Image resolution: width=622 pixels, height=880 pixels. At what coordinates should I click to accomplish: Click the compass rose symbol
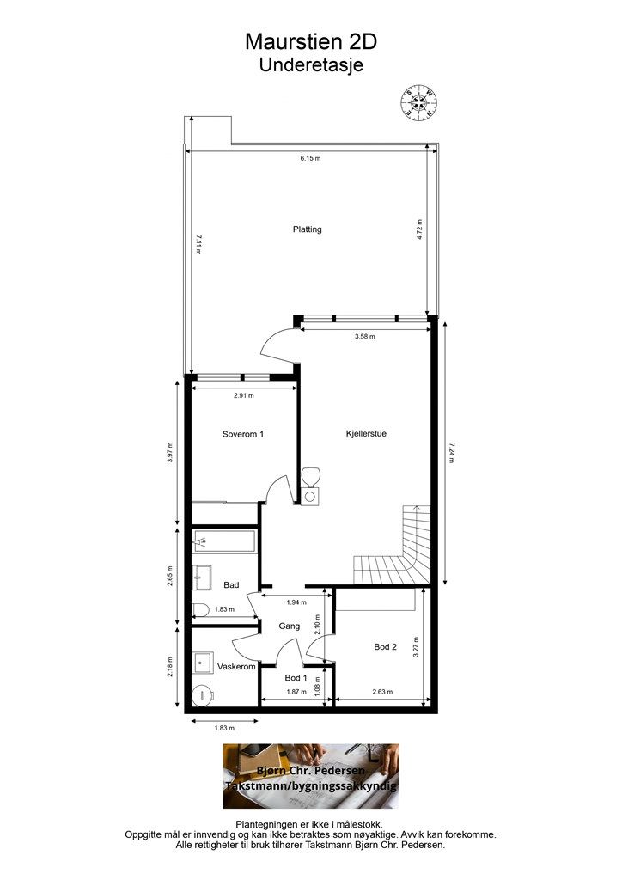coord(418,101)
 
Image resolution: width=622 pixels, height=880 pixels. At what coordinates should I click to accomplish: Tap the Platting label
coord(308,229)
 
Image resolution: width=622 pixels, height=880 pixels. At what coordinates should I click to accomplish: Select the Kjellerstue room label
coord(366,433)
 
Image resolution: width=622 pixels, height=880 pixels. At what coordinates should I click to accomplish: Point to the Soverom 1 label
coord(243,434)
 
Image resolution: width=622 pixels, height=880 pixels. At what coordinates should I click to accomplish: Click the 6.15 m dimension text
coord(310,158)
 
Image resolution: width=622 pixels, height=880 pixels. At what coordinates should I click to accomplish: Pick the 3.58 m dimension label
coord(365,337)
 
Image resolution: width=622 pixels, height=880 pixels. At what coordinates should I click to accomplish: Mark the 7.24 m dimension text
coord(452,453)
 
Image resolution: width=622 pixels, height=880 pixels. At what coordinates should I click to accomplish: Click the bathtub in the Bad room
coord(223,542)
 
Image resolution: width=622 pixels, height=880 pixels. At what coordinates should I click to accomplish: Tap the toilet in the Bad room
coord(200,609)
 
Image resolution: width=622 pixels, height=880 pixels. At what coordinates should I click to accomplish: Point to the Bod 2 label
coord(386,646)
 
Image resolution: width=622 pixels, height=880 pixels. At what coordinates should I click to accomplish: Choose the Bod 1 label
coord(296,677)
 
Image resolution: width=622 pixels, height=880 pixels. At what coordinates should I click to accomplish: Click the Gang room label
coord(290,626)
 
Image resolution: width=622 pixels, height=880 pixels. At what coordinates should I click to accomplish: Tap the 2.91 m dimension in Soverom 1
coord(243,395)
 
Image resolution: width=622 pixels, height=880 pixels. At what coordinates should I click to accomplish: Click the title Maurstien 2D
coord(311,41)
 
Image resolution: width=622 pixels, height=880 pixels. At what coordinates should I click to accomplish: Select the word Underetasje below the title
coord(311,64)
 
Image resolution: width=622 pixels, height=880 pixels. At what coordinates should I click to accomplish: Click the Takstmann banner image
coord(311,776)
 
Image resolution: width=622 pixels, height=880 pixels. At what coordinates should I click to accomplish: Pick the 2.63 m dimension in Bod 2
coord(382,692)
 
